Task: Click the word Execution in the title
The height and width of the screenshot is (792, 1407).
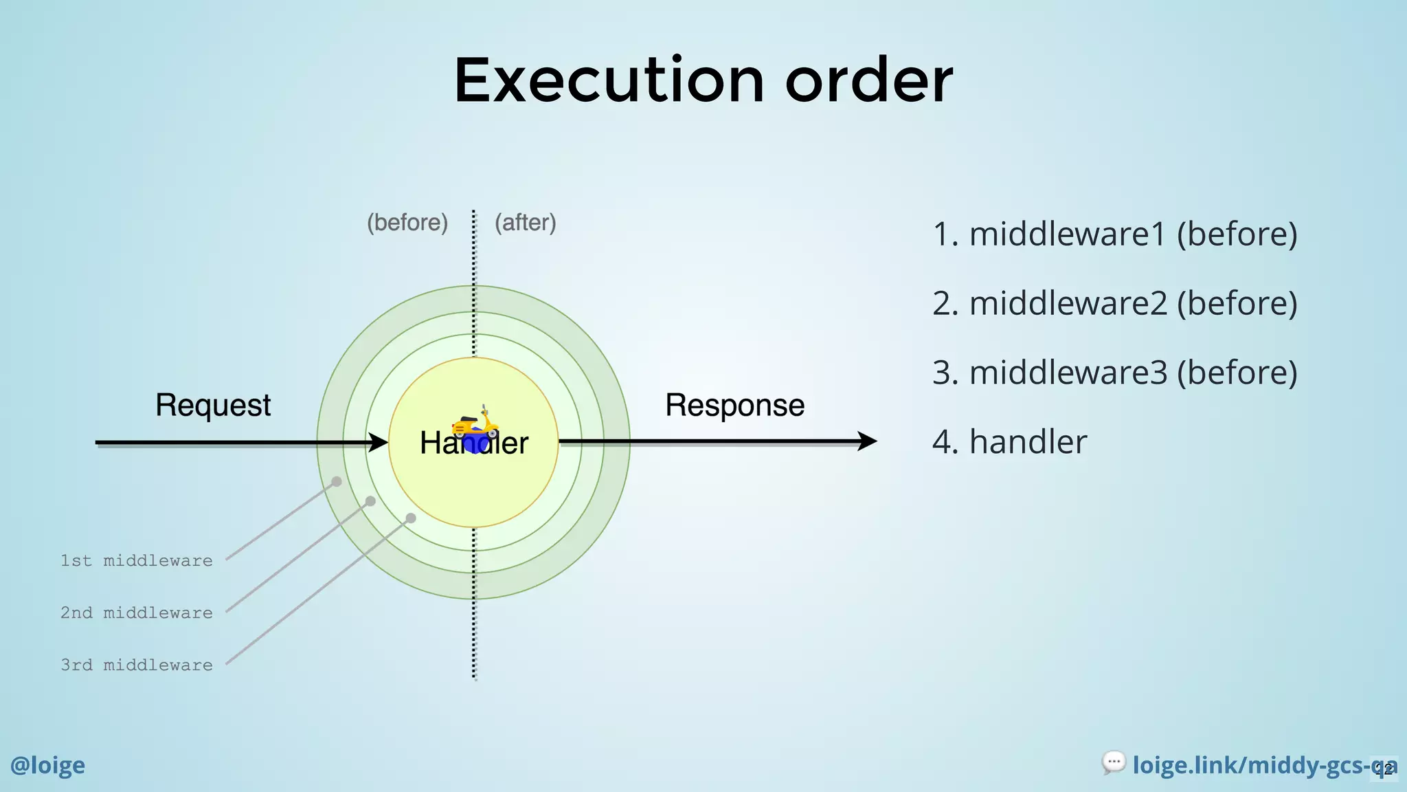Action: (609, 81)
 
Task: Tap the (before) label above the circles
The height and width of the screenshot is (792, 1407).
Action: (407, 223)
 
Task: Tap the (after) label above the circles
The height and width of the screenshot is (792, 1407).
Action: (526, 223)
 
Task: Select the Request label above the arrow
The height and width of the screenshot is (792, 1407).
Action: (213, 406)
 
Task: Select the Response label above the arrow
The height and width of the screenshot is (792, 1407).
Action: (734, 406)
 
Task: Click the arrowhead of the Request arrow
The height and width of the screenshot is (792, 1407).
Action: (379, 442)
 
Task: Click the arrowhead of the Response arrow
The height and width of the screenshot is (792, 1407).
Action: (867, 441)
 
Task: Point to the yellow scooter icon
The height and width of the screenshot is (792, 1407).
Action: (475, 423)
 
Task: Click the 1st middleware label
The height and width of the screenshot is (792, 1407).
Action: (136, 561)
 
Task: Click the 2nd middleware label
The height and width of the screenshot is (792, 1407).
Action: (136, 613)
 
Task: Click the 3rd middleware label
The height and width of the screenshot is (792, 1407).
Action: (136, 665)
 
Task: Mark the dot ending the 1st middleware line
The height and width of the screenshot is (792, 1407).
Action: (337, 482)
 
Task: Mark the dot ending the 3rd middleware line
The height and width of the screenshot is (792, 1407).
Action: (411, 518)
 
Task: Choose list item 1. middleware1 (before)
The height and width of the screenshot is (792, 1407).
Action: (1114, 234)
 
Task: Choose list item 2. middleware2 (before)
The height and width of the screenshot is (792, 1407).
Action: (1114, 303)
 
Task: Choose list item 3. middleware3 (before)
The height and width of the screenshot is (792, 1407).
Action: (1114, 373)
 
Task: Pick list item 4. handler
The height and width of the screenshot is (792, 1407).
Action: (1009, 442)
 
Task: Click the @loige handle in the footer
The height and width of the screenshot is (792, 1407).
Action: (47, 765)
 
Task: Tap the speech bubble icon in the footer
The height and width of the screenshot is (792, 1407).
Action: (1113, 762)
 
